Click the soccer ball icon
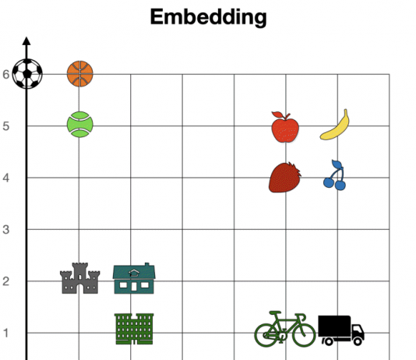(27, 74)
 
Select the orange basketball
(80, 74)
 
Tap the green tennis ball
(80, 124)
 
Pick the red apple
(285, 127)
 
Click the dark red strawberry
(285, 177)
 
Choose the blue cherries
(335, 175)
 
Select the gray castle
(80, 278)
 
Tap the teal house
(134, 278)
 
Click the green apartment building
(134, 329)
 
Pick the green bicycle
(285, 329)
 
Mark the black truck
(341, 330)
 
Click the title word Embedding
(208, 17)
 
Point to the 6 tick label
(6, 75)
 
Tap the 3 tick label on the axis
(6, 229)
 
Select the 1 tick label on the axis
(6, 333)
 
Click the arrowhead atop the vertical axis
(26, 41)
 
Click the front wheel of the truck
(358, 341)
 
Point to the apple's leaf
(277, 115)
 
